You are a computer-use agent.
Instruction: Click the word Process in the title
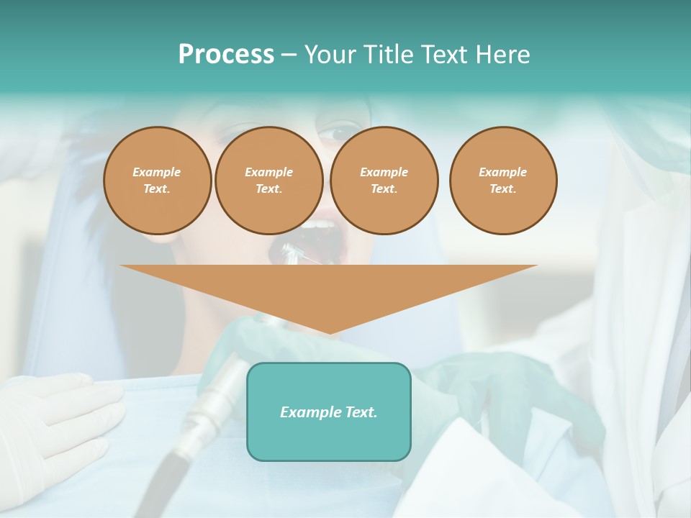pos(226,55)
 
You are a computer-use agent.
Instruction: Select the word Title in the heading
pos(392,55)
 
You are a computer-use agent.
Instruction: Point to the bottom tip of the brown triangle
pos(329,332)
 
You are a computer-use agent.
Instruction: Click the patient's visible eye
pos(335,135)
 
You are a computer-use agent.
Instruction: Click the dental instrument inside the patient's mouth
pos(297,253)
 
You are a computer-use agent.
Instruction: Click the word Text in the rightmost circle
pos(502,188)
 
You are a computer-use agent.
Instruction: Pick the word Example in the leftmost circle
pos(157,172)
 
